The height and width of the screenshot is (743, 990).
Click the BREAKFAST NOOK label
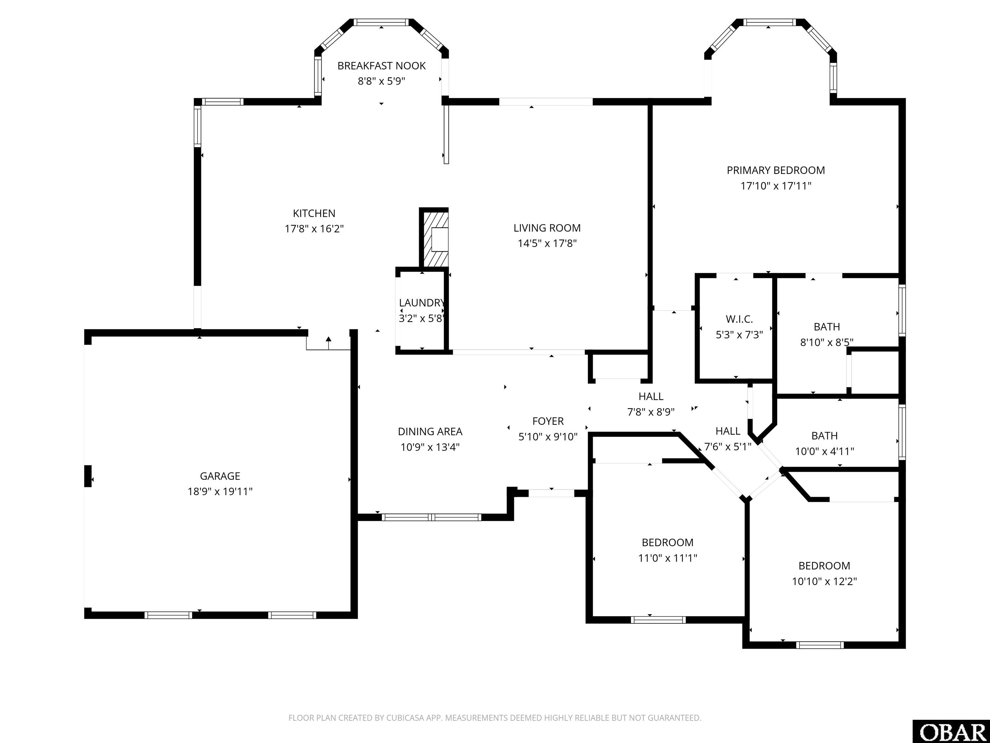pyautogui.click(x=381, y=66)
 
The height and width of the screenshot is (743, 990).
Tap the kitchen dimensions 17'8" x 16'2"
pyautogui.click(x=314, y=229)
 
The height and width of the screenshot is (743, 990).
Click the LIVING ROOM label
pyautogui.click(x=547, y=228)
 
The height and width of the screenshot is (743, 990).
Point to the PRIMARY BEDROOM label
pyautogui.click(x=776, y=170)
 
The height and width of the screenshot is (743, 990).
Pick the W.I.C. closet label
pyautogui.click(x=739, y=319)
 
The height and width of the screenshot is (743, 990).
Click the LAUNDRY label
pyautogui.click(x=422, y=303)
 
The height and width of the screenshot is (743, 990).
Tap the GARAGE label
pyautogui.click(x=220, y=476)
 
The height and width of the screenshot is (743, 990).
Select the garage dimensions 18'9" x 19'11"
pyautogui.click(x=220, y=491)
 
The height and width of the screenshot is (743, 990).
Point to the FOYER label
pyautogui.click(x=548, y=421)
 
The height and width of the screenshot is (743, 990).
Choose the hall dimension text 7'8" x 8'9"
pyautogui.click(x=651, y=411)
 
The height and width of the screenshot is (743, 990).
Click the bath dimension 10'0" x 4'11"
pyautogui.click(x=824, y=451)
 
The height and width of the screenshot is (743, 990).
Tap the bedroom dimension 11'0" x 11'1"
pyautogui.click(x=667, y=558)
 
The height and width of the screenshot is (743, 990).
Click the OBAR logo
pyautogui.click(x=951, y=732)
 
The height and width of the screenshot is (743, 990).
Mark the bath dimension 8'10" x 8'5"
pyautogui.click(x=826, y=342)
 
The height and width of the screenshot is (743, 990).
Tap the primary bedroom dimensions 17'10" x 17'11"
pyautogui.click(x=776, y=185)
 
